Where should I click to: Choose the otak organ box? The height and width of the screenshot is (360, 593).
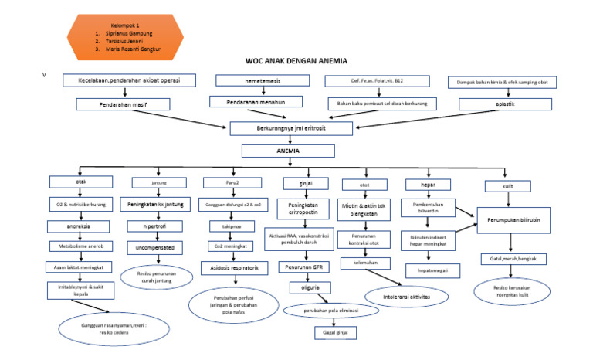(x=81, y=182)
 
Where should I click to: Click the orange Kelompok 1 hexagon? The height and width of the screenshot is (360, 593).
(x=126, y=36)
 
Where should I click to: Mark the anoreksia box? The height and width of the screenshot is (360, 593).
(x=81, y=227)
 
